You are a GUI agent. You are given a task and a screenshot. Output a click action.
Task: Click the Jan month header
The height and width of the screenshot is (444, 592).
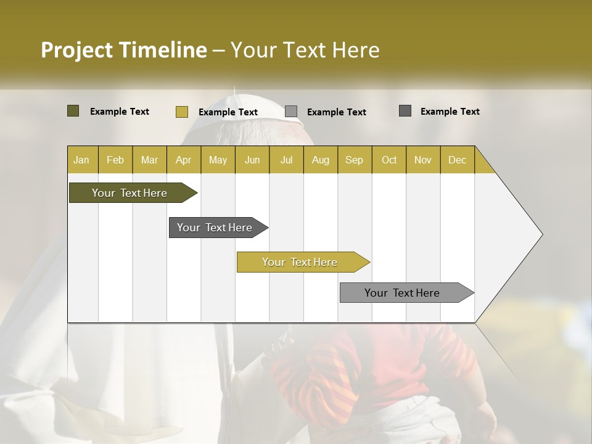click(x=81, y=160)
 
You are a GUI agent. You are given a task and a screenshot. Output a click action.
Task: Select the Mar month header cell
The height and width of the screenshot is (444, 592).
click(x=149, y=160)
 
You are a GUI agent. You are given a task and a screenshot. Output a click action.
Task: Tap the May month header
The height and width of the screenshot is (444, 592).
click(x=218, y=160)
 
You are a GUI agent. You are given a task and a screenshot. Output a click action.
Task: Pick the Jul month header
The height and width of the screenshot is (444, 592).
click(x=286, y=160)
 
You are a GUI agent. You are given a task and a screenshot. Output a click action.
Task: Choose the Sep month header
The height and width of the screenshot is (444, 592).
click(x=354, y=160)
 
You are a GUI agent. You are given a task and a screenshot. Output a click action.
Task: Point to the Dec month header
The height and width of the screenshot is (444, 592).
click(x=457, y=160)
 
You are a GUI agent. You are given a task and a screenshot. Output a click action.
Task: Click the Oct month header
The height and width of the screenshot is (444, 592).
click(x=389, y=160)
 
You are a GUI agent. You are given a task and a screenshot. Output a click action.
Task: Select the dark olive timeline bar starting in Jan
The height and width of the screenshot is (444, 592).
click(x=129, y=193)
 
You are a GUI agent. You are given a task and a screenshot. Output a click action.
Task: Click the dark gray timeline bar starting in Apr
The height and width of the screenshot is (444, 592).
click(x=215, y=228)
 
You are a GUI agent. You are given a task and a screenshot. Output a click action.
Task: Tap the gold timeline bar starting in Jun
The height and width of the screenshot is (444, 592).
click(x=300, y=262)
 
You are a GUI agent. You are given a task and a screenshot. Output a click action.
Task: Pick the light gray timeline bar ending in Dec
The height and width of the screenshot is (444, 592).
click(x=402, y=293)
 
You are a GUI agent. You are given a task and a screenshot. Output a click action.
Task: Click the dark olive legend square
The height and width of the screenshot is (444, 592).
click(x=73, y=111)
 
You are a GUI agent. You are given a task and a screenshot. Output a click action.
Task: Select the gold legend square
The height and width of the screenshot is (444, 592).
click(x=181, y=112)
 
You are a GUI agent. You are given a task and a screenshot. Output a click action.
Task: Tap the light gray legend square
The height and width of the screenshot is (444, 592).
click(x=291, y=112)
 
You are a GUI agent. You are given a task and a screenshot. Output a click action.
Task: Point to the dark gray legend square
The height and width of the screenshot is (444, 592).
click(x=405, y=111)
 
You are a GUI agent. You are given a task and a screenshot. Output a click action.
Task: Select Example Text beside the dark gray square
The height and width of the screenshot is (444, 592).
click(x=450, y=112)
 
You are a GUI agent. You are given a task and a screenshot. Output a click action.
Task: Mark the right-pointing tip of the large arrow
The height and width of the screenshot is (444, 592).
click(x=541, y=234)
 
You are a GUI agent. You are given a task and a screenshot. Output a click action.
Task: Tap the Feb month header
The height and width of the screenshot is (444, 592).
click(x=115, y=160)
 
